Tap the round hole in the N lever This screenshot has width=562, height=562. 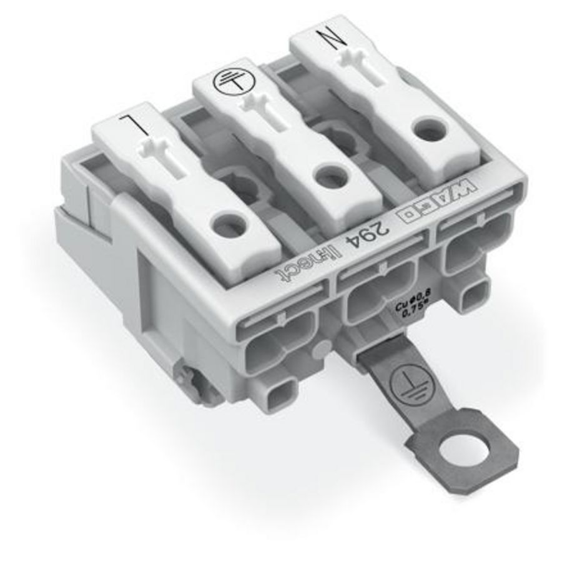[x=426, y=130]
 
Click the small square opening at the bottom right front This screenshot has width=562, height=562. [x=476, y=292]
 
